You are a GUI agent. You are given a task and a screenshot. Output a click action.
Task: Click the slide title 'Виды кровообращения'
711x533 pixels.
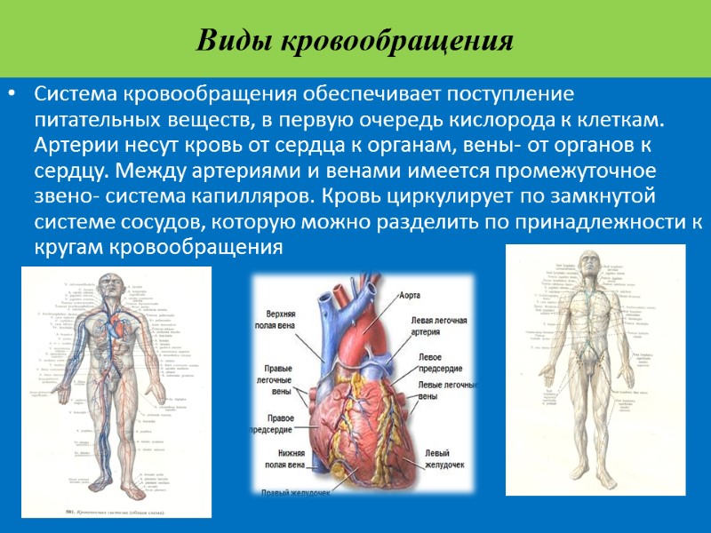point(355,41)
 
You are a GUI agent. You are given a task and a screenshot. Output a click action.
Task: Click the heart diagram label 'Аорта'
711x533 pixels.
point(410,295)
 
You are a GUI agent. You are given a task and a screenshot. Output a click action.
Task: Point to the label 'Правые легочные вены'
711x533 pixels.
point(284,379)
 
